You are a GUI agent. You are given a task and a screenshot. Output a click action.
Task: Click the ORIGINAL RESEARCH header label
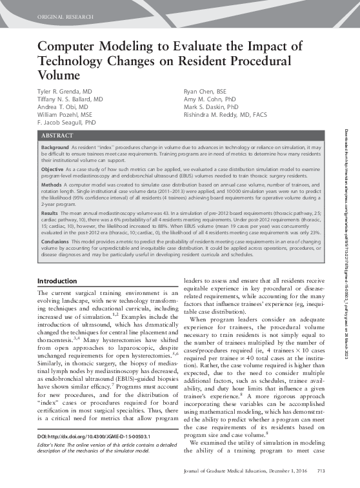[x=65, y=14]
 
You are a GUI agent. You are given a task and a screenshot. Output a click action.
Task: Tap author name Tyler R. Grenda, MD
[x=65, y=93]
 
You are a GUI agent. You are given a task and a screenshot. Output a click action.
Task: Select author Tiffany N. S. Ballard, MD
[x=70, y=100]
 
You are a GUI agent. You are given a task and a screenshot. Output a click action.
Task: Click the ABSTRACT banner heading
[x=57, y=136]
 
